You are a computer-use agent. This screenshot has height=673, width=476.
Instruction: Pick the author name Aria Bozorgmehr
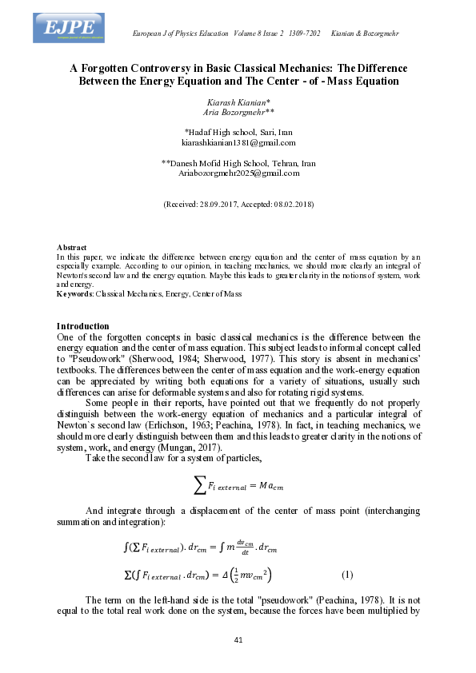(238, 114)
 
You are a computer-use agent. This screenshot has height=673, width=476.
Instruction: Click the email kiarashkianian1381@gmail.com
(238, 142)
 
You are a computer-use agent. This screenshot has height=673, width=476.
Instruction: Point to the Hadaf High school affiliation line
(238, 132)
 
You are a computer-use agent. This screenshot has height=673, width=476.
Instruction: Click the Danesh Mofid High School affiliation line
(238, 163)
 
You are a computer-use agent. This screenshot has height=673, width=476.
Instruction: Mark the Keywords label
(74, 294)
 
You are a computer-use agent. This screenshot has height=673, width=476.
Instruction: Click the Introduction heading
(82, 326)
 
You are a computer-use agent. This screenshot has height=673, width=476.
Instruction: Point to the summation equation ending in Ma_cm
(238, 485)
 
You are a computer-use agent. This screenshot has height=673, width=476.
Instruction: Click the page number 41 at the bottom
(238, 640)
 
